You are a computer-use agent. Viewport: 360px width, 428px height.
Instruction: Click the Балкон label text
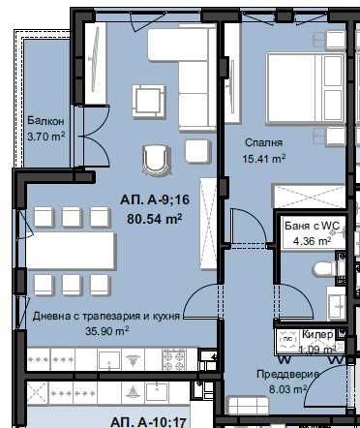pyautogui.click(x=45, y=120)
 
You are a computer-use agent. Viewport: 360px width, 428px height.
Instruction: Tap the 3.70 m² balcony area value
pyautogui.click(x=45, y=137)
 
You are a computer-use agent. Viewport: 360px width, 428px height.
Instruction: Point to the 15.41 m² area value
pyautogui.click(x=263, y=158)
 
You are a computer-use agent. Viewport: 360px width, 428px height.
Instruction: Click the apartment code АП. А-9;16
pyautogui.click(x=152, y=199)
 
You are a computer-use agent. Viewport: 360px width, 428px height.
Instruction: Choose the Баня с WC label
pyautogui.click(x=312, y=226)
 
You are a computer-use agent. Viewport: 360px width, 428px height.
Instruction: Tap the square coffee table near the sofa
pyautogui.click(x=150, y=100)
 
